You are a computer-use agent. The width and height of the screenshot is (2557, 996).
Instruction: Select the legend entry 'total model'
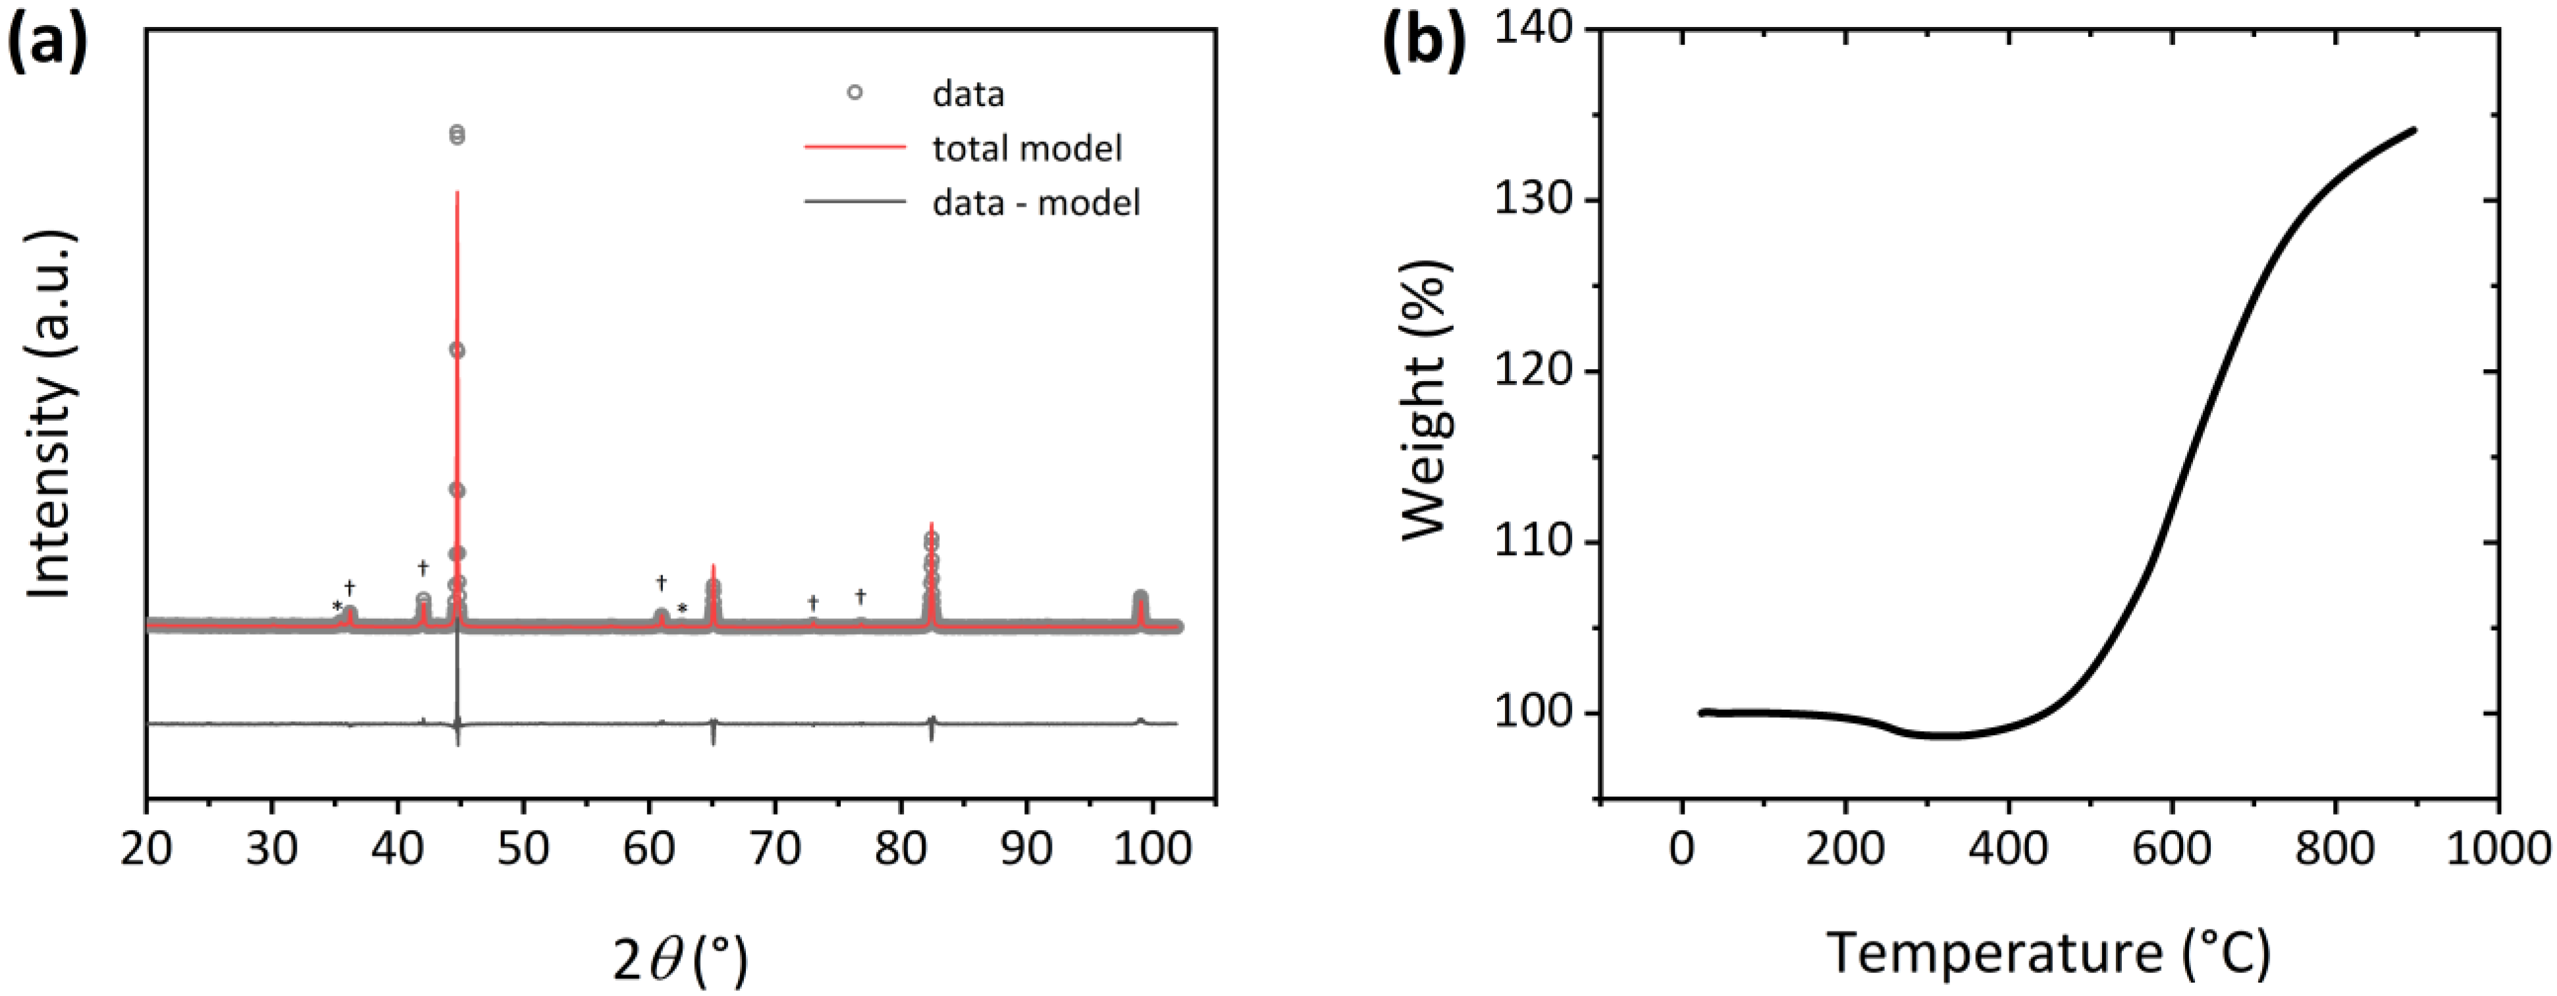click(1026, 149)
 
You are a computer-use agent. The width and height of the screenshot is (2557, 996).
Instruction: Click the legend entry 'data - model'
click(1036, 203)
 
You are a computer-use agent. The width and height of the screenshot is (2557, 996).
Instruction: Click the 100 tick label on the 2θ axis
click(1153, 850)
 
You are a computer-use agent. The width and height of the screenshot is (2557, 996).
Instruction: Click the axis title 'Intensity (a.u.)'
click(49, 415)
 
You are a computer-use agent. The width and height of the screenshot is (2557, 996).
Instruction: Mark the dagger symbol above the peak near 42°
click(423, 568)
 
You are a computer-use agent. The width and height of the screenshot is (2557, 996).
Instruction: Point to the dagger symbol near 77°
click(860, 596)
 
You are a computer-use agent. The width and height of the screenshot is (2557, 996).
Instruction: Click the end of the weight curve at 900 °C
click(2413, 158)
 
